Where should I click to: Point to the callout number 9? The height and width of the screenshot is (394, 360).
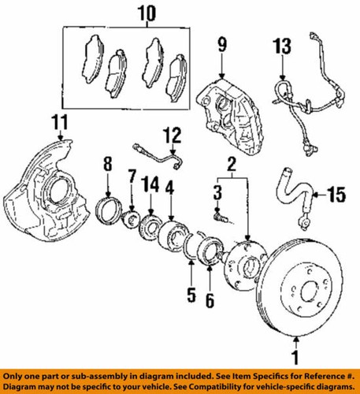(221, 44)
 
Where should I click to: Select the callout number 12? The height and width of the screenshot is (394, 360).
(173, 135)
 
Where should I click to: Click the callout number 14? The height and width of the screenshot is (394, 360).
(150, 186)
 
